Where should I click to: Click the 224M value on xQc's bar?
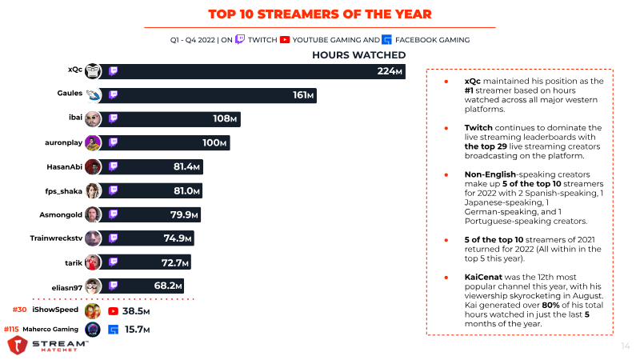[390, 72]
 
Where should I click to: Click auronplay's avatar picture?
[94, 143]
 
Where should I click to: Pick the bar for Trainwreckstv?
[152, 238]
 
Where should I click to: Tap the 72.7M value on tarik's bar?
[176, 262]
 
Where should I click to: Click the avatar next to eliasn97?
[94, 286]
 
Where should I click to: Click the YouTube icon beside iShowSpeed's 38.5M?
[114, 310]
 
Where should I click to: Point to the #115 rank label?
[12, 329]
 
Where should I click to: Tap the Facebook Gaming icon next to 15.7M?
[114, 329]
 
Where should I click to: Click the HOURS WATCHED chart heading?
[358, 54]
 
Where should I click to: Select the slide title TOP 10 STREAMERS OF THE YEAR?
[319, 14]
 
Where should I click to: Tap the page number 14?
[626, 346]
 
